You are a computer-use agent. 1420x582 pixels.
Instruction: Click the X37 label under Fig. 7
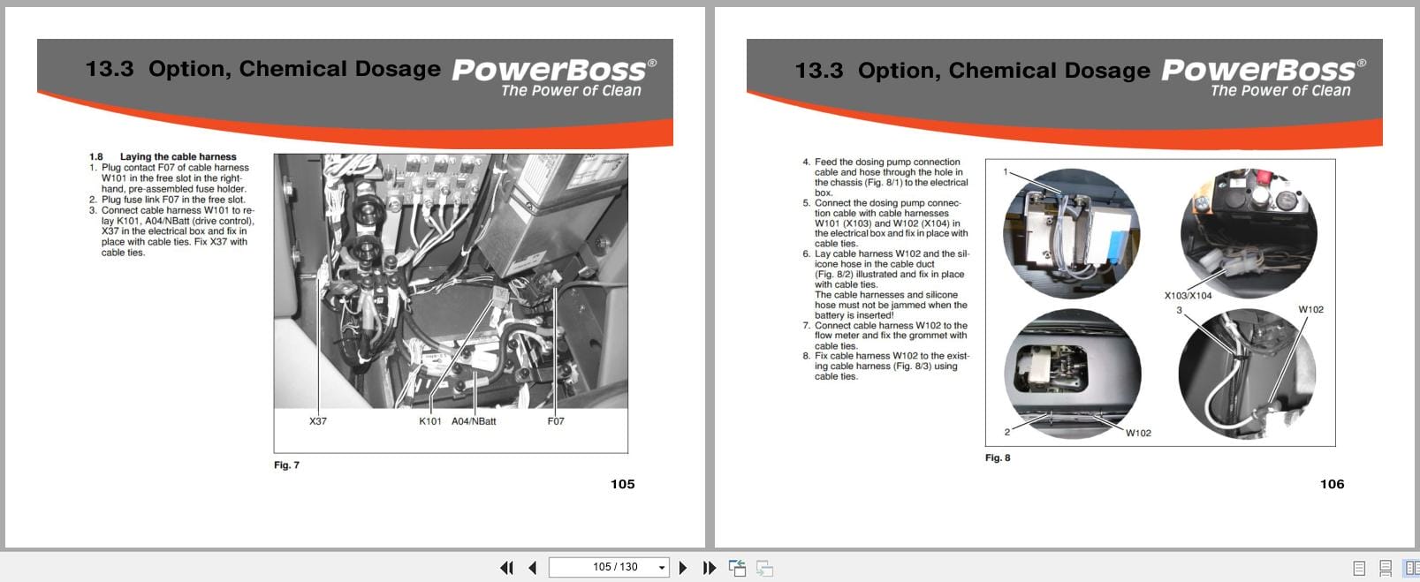tap(318, 421)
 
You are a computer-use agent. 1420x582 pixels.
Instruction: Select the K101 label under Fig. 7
tap(430, 421)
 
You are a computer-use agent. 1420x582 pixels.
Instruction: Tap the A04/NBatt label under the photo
tap(474, 421)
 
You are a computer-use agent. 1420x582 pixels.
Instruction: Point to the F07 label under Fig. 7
tap(556, 421)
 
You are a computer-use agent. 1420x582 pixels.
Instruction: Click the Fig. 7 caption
tap(286, 465)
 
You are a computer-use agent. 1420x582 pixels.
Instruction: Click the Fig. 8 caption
tap(998, 457)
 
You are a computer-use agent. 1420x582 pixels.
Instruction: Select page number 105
tap(622, 484)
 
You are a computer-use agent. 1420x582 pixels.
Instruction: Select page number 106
tap(1332, 484)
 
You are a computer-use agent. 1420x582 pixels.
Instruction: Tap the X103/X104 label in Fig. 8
tap(1188, 296)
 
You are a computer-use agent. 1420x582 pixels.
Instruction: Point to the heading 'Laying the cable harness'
tap(178, 157)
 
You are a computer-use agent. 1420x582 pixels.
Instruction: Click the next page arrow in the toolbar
tap(683, 568)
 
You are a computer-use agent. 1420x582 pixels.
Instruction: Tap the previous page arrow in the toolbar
tap(532, 568)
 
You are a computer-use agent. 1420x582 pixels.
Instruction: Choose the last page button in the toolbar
tap(709, 568)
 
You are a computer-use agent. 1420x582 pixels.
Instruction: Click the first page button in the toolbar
tap(506, 568)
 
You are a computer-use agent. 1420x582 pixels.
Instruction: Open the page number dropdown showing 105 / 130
tap(662, 568)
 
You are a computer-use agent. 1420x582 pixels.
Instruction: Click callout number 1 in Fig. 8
tap(1006, 171)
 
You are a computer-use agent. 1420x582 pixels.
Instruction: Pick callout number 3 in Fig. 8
tap(1179, 310)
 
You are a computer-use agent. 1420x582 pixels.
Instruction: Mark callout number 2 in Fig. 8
tap(1006, 432)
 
